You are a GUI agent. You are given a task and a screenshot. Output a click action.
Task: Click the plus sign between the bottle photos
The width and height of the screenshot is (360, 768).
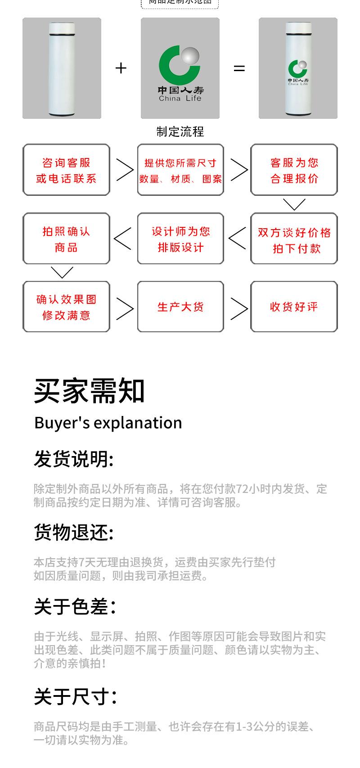pyautogui.click(x=121, y=68)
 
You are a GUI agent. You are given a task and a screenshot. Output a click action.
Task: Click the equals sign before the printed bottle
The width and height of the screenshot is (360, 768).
pyautogui.click(x=239, y=68)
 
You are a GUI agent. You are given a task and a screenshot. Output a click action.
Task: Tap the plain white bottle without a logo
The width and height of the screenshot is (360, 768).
pyautogui.click(x=62, y=68)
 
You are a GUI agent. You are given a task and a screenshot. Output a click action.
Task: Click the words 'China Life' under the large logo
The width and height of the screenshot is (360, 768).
pyautogui.click(x=180, y=99)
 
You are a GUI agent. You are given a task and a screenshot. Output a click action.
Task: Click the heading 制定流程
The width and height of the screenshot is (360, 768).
pyautogui.click(x=180, y=131)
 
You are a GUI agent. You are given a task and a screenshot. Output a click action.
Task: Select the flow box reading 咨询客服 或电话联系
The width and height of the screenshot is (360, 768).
pyautogui.click(x=66, y=170)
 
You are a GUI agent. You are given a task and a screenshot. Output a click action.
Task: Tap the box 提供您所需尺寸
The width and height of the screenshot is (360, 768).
pyautogui.click(x=180, y=170)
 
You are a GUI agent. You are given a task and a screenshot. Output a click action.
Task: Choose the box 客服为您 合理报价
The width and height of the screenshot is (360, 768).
pyautogui.click(x=294, y=170)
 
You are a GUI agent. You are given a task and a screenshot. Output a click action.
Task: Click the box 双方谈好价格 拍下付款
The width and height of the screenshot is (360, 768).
pyautogui.click(x=294, y=239)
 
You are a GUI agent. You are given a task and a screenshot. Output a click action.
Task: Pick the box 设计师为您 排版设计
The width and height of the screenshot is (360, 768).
pyautogui.click(x=180, y=239)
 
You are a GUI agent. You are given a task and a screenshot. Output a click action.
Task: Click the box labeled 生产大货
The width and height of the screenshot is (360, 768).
pyautogui.click(x=180, y=307)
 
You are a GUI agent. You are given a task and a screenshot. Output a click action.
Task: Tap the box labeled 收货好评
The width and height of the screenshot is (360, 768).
pyautogui.click(x=294, y=307)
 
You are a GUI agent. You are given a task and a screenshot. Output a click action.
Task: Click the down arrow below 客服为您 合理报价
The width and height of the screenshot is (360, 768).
pyautogui.click(x=294, y=205)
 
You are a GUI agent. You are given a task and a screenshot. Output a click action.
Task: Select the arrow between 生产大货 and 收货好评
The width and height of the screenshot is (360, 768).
pyautogui.click(x=238, y=308)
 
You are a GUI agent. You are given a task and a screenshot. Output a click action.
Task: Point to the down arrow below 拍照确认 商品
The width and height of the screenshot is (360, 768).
pyautogui.click(x=62, y=272)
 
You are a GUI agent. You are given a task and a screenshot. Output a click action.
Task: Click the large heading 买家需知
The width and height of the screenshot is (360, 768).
pyautogui.click(x=90, y=391)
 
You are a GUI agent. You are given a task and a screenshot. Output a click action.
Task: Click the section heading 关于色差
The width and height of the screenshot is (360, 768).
pyautogui.click(x=75, y=607)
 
